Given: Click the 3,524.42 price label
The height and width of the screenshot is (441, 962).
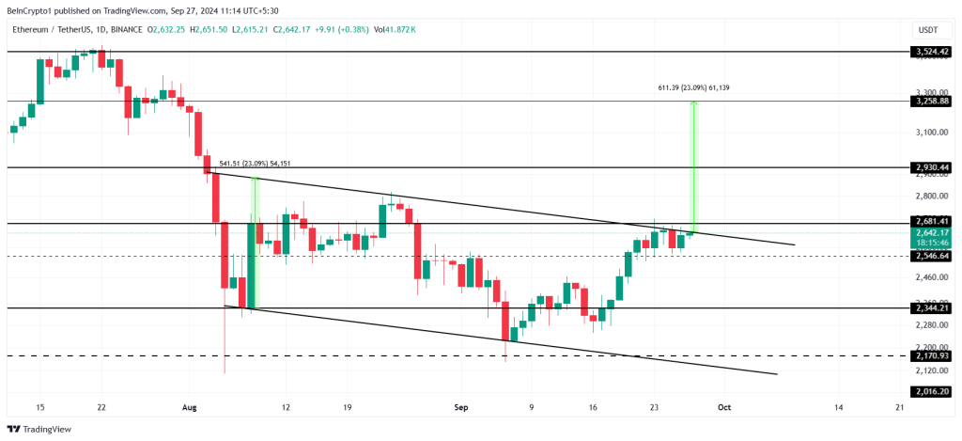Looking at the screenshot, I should click(931, 52).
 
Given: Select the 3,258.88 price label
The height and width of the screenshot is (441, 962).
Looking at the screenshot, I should click(931, 101).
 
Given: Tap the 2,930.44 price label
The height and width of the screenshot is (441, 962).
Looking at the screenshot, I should click(931, 167).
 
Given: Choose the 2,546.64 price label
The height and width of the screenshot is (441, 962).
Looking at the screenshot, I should click(931, 256).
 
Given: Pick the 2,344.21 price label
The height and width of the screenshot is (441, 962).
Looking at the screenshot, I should click(931, 307).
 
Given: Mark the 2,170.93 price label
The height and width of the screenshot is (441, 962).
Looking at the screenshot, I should click(931, 356).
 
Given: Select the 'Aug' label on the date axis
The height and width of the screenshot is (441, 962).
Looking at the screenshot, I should click(189, 407).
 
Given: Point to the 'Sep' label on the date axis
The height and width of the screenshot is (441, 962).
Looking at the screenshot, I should click(461, 407).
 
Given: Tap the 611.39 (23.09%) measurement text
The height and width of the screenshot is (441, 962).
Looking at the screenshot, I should click(693, 87).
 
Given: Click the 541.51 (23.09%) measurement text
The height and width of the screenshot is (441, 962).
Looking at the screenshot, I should click(255, 164).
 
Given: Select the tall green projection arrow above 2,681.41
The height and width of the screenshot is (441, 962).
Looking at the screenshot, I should click(694, 165).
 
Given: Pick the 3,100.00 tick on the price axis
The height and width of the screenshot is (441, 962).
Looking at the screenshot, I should click(929, 133).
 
